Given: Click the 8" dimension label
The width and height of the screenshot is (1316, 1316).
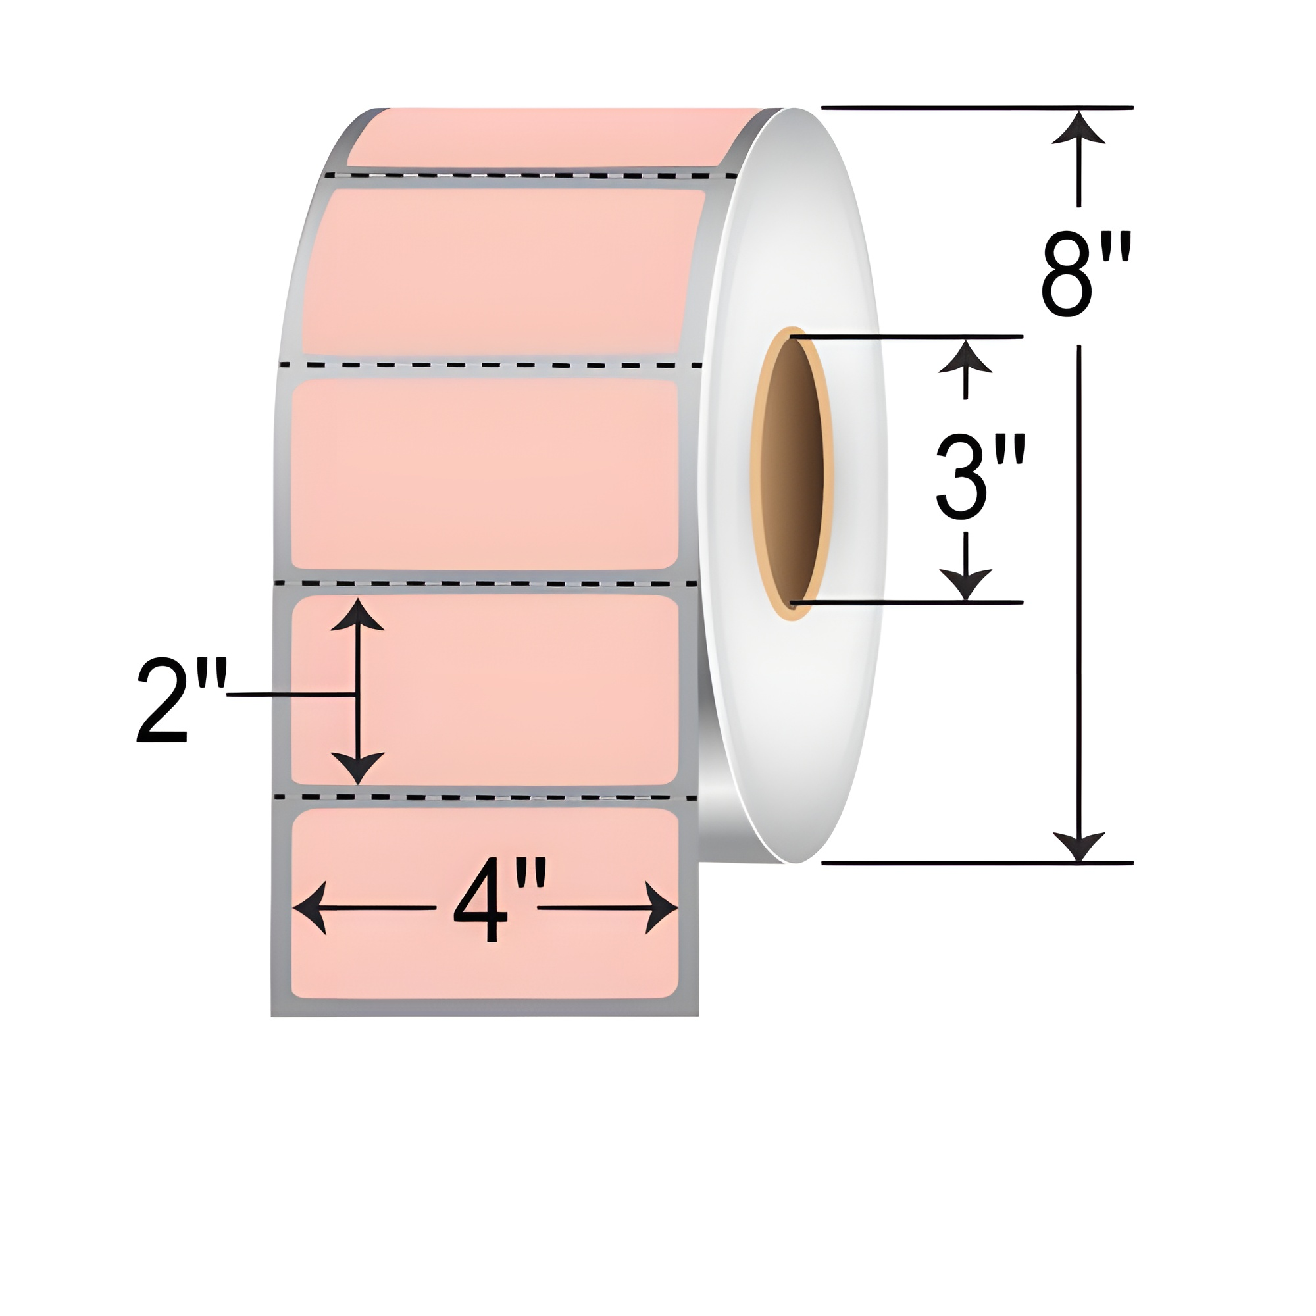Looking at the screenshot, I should coord(1086,274).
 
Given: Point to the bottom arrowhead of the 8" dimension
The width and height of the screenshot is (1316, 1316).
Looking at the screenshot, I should coord(1078,847).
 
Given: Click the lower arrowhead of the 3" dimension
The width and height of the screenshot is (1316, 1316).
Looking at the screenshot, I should coord(965,585).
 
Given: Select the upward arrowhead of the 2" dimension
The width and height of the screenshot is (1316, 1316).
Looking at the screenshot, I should coord(357,615).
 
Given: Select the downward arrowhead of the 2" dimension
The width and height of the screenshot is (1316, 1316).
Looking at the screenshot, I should coord(357,768).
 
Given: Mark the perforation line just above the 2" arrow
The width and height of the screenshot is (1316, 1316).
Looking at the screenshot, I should coord(485,584).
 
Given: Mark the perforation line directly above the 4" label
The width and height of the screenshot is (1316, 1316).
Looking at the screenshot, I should coord(485,796).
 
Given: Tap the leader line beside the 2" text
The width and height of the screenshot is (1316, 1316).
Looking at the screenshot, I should coord(290,695).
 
